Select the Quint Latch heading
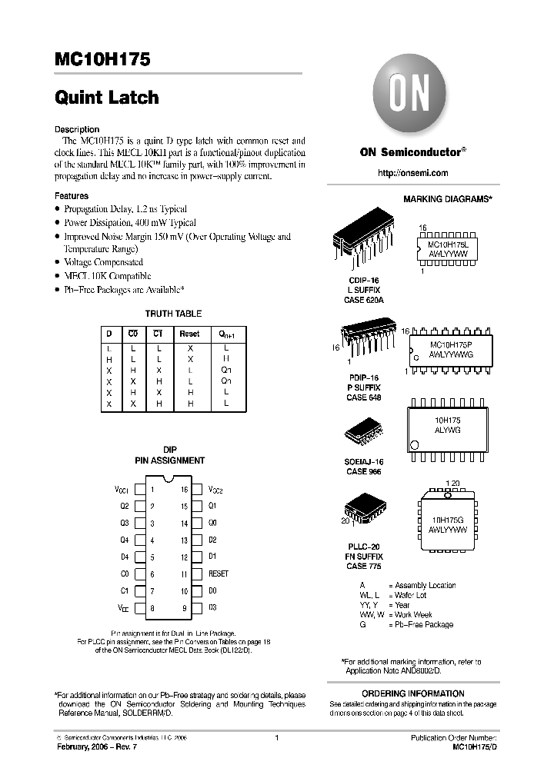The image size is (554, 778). [x=107, y=98]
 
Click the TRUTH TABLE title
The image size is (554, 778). [x=173, y=314]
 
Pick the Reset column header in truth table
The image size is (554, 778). [x=189, y=334]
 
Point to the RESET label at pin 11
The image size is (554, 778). [x=219, y=574]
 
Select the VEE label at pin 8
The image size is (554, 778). [x=123, y=608]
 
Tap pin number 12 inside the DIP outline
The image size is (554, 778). [x=185, y=557]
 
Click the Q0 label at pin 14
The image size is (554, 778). [x=213, y=523]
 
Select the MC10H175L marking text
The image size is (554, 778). [x=453, y=243]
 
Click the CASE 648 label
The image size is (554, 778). [x=363, y=398]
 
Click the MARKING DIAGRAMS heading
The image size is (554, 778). [x=448, y=199]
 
